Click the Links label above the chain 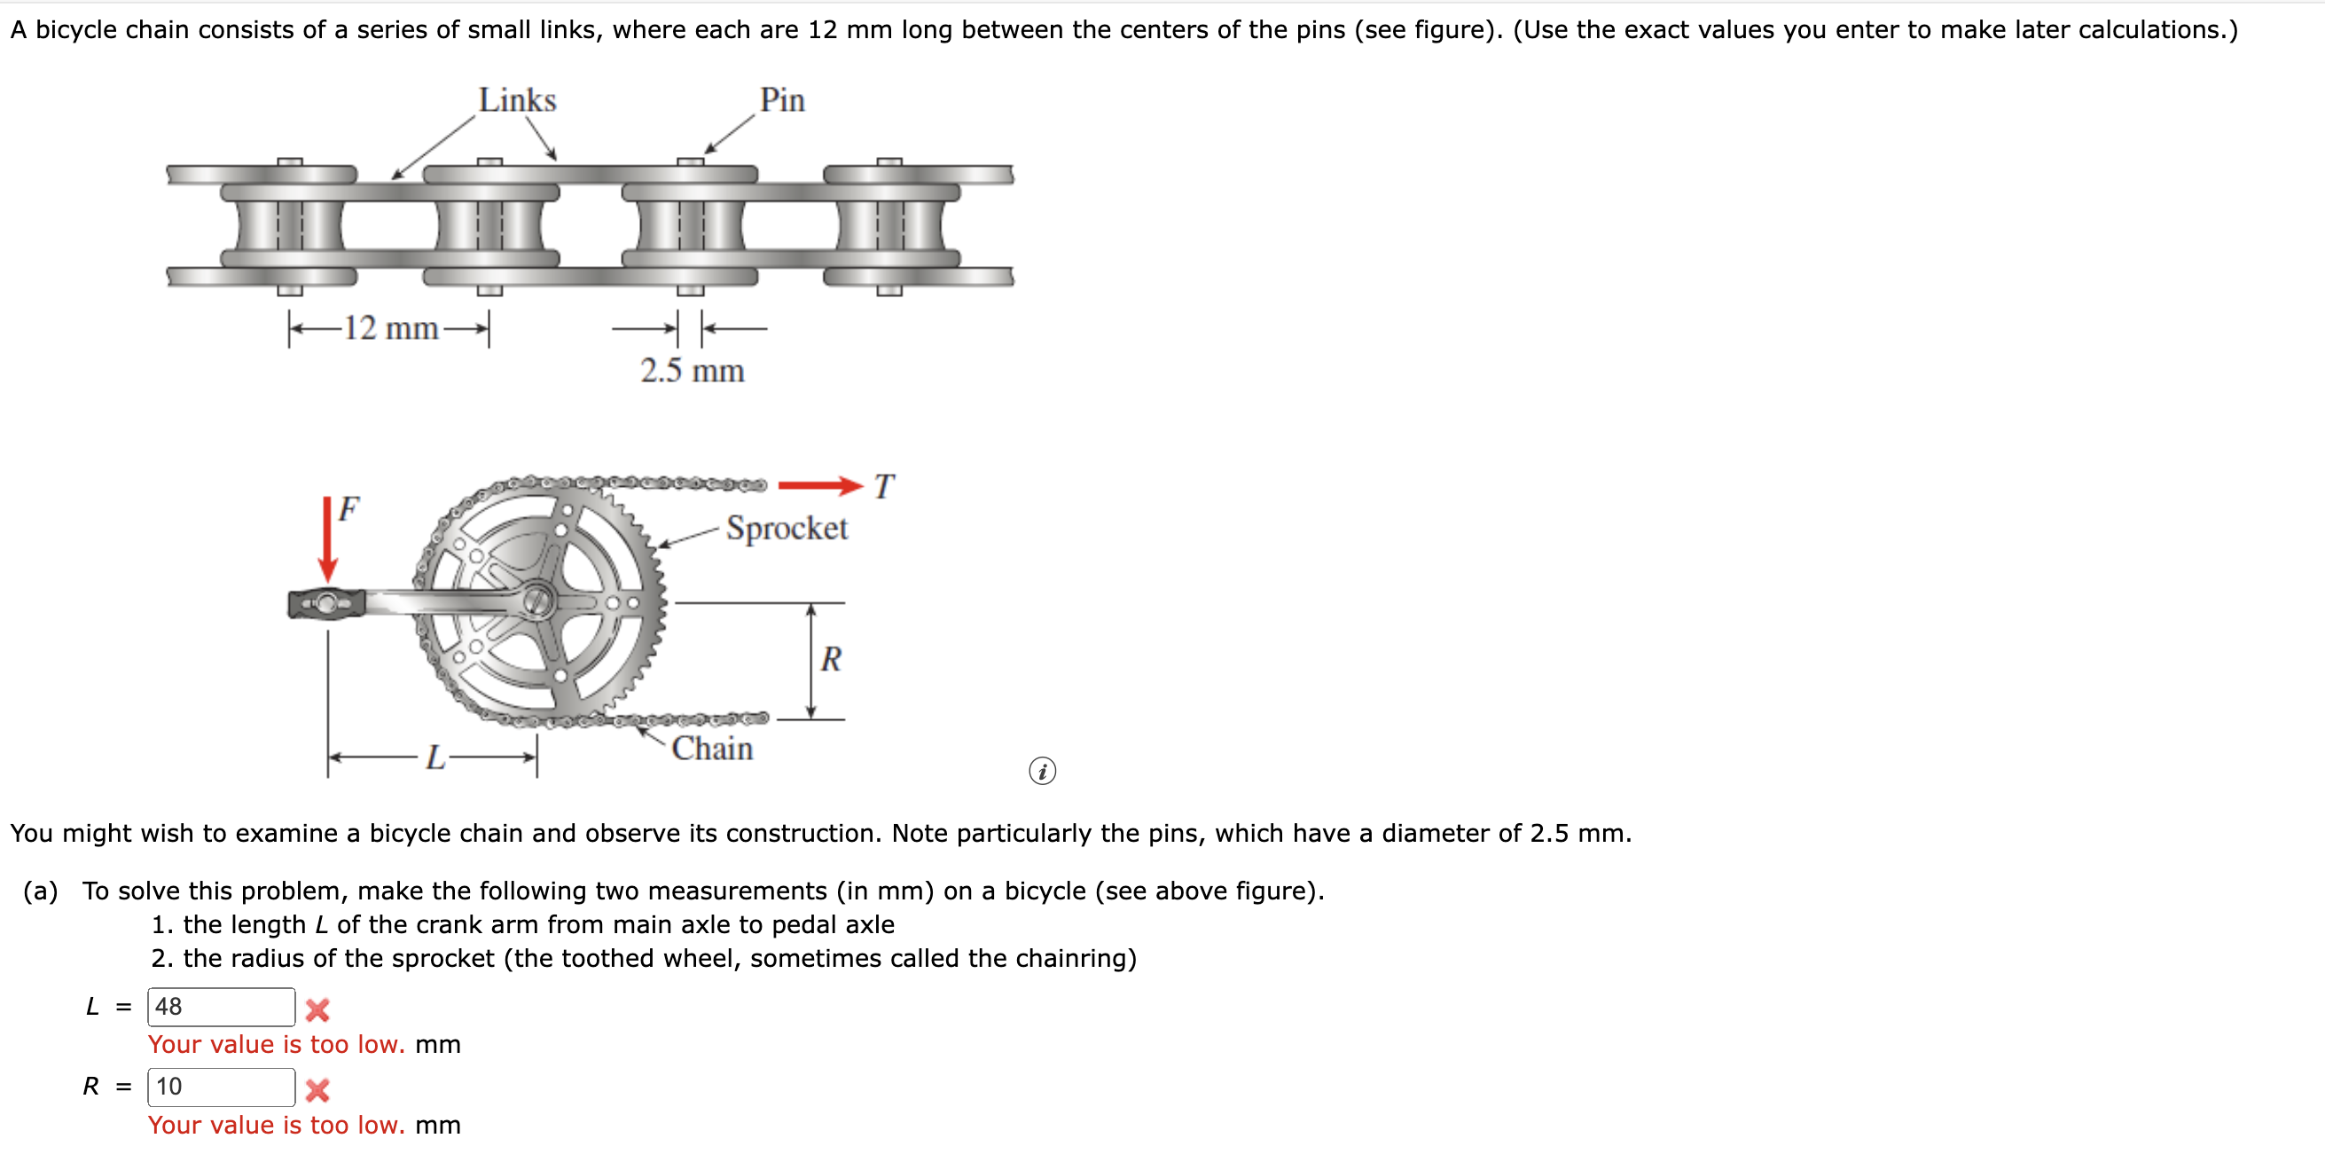[x=517, y=100]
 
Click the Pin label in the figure [x=781, y=100]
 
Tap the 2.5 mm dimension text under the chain [x=693, y=371]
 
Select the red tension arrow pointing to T [x=819, y=486]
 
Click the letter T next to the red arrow [x=883, y=487]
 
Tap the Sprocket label [x=787, y=528]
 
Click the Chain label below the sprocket [x=712, y=749]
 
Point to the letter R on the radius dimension [x=830, y=660]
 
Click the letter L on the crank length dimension [x=435, y=758]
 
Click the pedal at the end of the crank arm [x=326, y=603]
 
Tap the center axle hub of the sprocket [x=538, y=601]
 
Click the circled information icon [x=1043, y=771]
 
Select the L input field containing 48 [x=221, y=1007]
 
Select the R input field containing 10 [x=221, y=1087]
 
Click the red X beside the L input [x=317, y=1009]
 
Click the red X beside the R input [x=317, y=1090]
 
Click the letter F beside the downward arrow [x=348, y=509]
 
